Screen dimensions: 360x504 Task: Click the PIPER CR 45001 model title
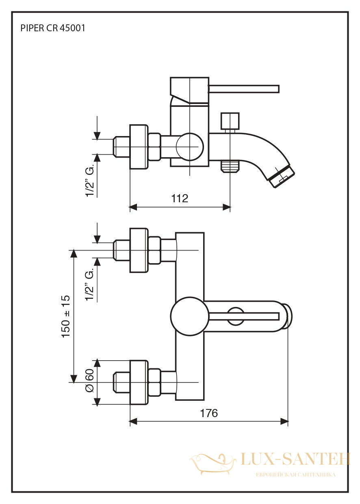tap(53, 28)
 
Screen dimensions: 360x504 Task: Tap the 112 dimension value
tap(180, 199)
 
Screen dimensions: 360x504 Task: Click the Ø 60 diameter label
tap(89, 381)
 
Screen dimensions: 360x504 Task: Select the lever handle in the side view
tap(244, 89)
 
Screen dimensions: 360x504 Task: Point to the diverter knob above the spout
tap(230, 121)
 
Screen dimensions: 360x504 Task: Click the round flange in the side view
tap(139, 147)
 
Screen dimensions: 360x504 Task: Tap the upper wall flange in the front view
tap(139, 250)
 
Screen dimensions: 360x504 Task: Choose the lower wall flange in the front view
tap(139, 382)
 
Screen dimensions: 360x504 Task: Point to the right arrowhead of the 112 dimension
tap(226, 207)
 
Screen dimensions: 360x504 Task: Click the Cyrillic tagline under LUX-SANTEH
tap(296, 475)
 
